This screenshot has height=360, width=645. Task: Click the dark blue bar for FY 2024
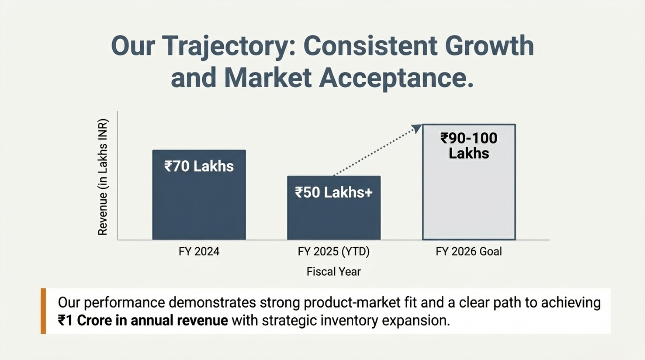[199, 204]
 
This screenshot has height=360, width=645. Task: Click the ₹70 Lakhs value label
[199, 166]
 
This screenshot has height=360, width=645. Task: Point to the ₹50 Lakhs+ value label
[333, 193]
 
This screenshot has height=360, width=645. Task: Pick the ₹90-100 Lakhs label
[469, 146]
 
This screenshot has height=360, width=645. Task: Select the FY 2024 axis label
[199, 251]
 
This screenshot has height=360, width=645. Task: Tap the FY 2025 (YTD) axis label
[333, 251]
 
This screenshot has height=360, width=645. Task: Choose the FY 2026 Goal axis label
[469, 251]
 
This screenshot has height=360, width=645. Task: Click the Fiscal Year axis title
[333, 271]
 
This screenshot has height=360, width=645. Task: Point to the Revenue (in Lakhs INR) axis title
[102, 177]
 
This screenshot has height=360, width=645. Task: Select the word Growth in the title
[489, 46]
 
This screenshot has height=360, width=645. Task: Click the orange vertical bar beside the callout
[43, 311]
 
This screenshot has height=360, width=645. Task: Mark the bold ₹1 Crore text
[84, 321]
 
